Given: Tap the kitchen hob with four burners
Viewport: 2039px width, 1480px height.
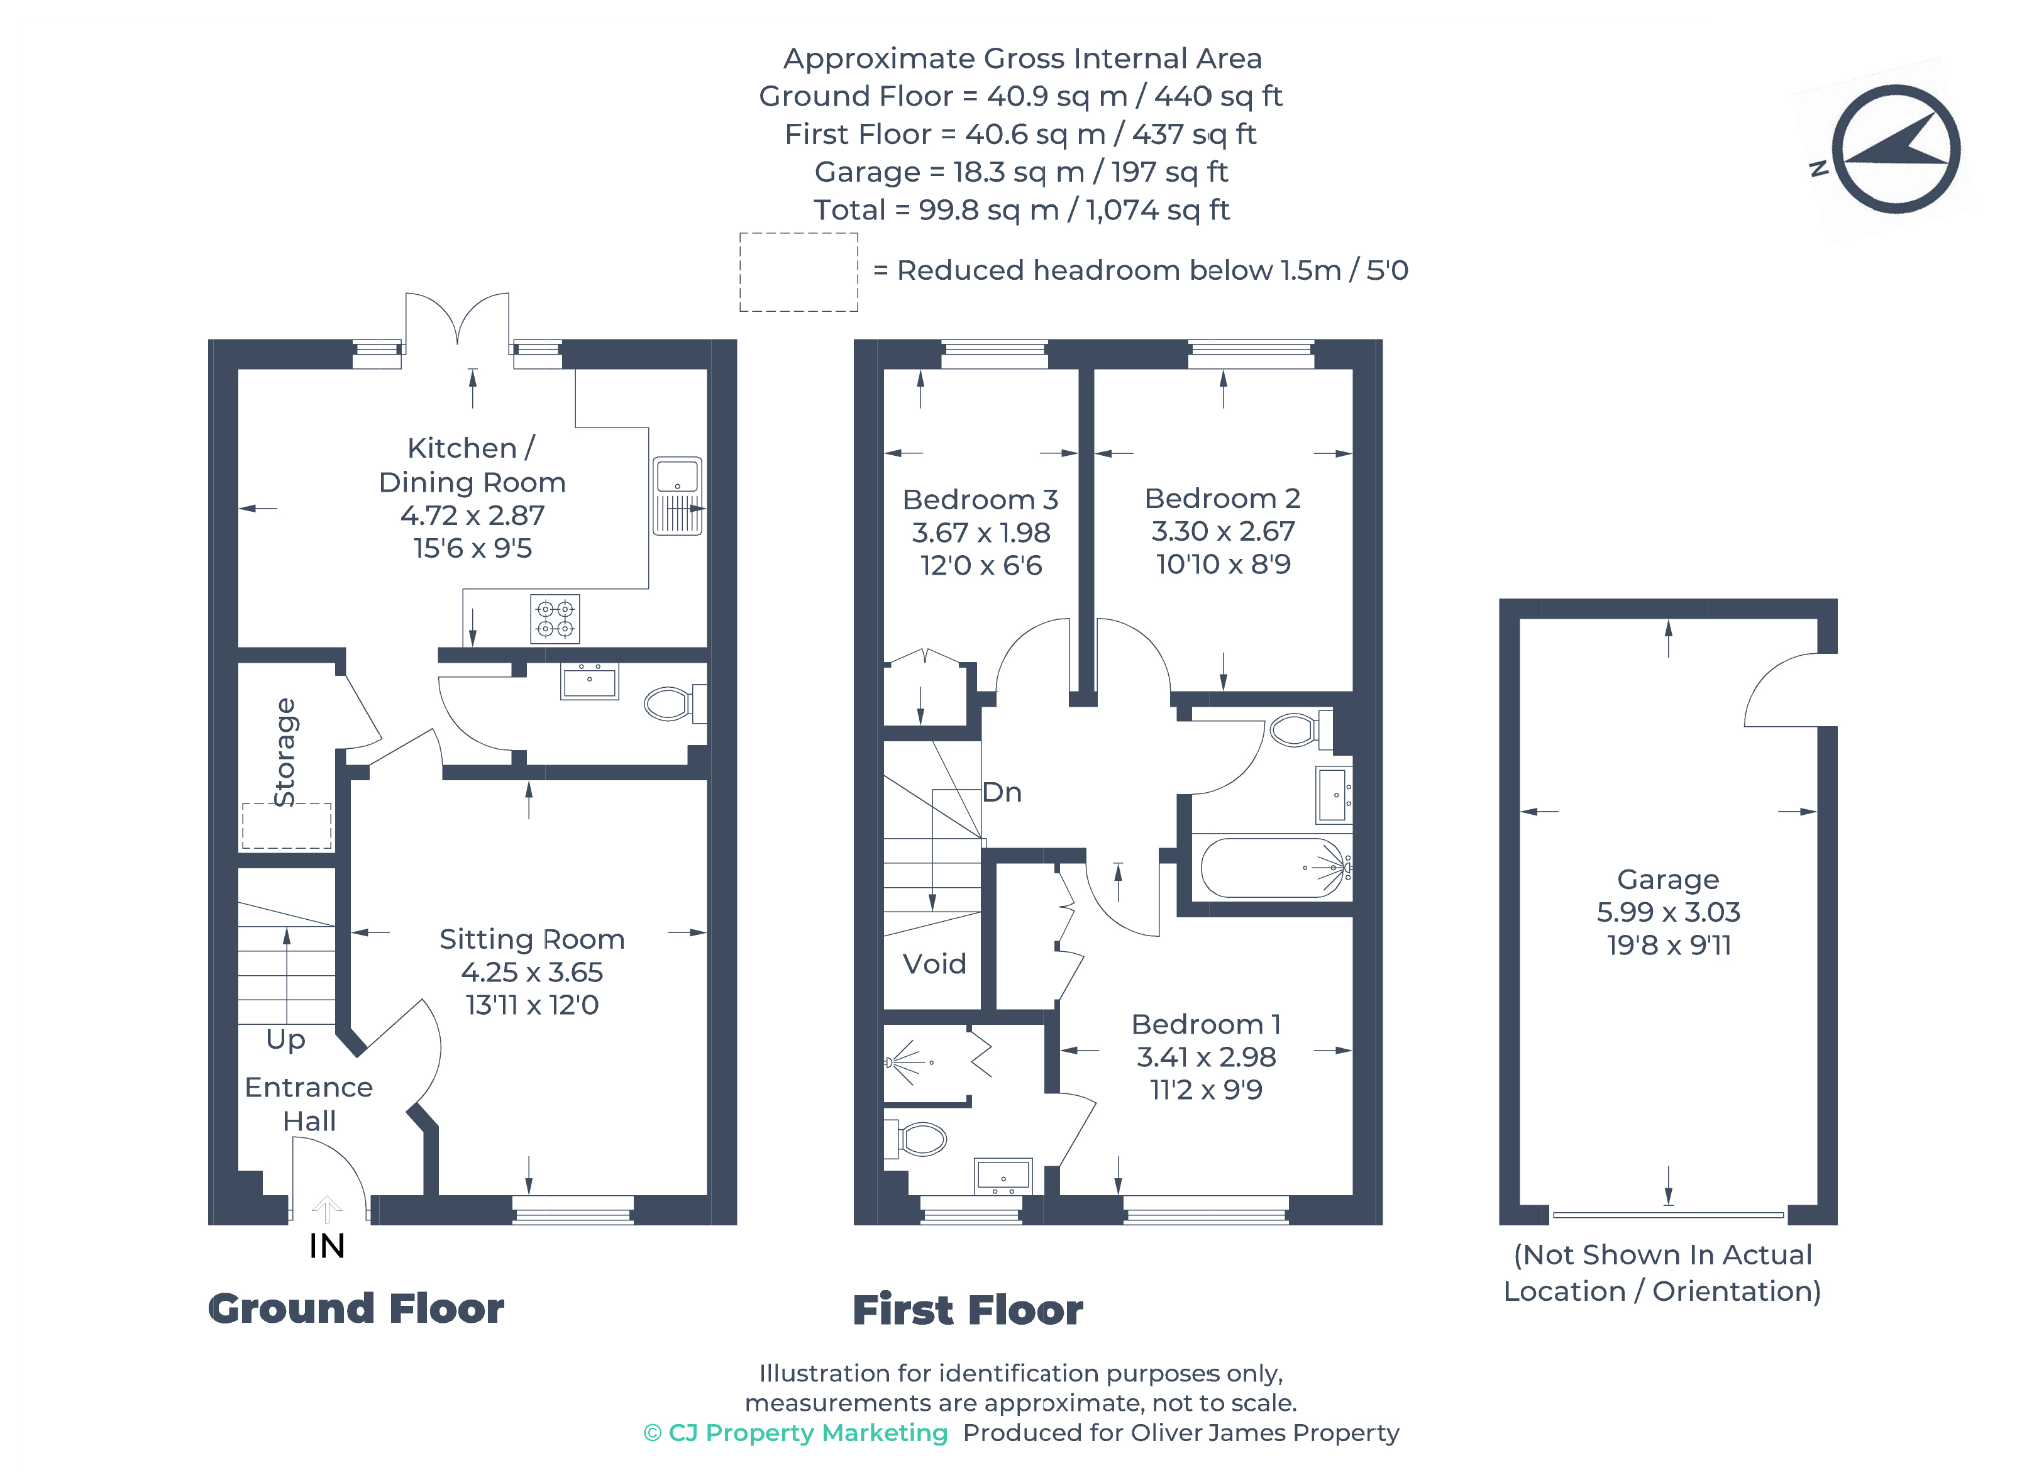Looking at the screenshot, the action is tap(555, 619).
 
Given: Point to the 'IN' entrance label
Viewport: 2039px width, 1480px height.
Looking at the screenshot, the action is tap(326, 1246).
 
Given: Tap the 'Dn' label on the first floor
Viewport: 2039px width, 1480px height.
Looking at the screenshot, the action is tap(1002, 792).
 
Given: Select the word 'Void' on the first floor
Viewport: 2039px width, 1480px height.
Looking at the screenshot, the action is tap(934, 964).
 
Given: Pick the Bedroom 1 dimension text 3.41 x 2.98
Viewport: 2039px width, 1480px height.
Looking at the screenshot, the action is tap(1205, 1056).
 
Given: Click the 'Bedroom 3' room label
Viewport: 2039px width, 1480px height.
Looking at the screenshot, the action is tap(980, 499).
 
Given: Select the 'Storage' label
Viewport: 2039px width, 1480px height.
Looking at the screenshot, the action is tap(285, 753).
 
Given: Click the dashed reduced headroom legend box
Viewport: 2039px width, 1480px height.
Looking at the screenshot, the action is tap(798, 272).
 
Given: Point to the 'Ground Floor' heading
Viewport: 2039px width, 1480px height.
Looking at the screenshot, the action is tap(356, 1309).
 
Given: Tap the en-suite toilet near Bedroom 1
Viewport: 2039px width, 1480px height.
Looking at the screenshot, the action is tap(917, 1139).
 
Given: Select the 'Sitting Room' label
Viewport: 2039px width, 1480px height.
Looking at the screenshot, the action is tap(531, 939).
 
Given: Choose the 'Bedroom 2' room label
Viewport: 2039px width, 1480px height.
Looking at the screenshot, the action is tap(1222, 498).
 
